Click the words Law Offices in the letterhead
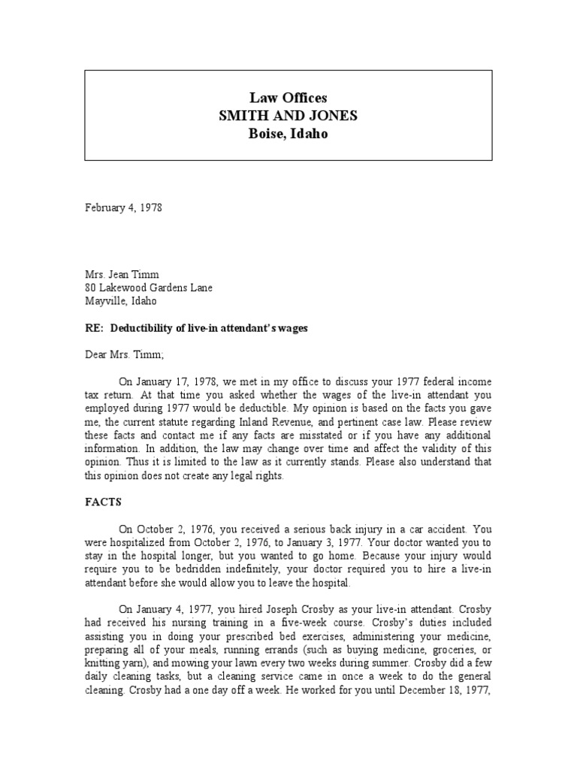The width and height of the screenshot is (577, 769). point(288,98)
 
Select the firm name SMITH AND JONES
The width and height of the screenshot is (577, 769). point(288,116)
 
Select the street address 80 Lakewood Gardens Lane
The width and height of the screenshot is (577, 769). point(148,288)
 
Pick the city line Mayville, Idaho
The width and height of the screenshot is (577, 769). point(120,300)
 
